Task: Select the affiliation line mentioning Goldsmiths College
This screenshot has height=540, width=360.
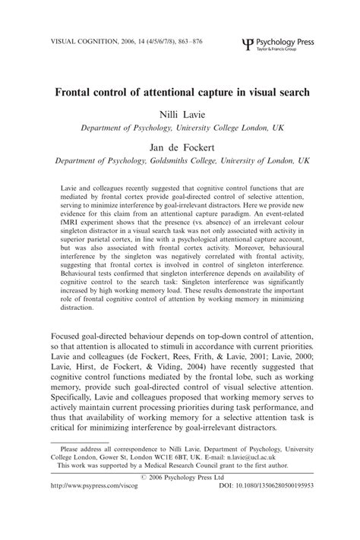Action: (x=180, y=162)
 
